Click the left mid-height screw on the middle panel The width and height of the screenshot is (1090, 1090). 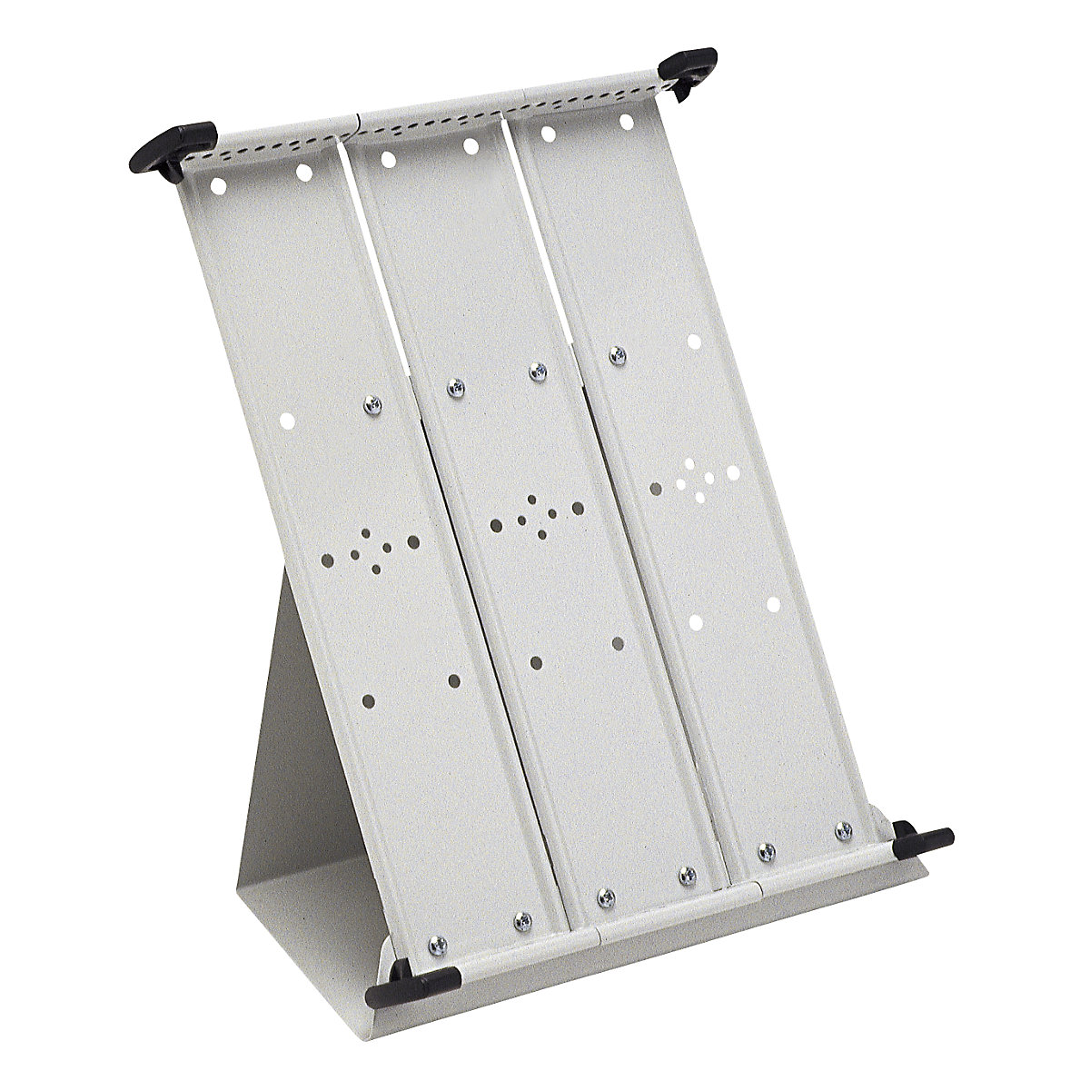451,390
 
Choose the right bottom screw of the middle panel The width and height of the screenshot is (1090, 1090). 688,874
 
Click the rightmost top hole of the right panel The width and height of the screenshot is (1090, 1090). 627,121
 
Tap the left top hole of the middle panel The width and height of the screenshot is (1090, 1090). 387,159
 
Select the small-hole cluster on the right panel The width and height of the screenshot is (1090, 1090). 696,478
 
